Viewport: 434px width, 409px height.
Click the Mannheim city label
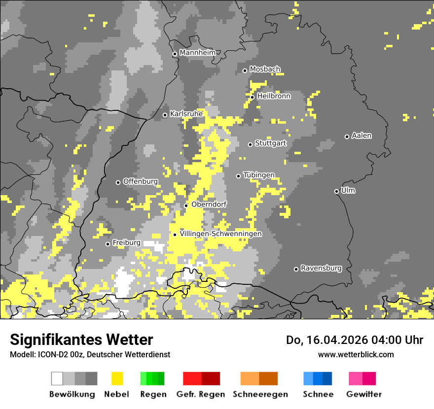(197, 53)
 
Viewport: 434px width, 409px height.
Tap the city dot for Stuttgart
(251, 144)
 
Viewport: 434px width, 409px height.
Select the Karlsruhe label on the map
(186, 114)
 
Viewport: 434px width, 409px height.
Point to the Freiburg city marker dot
(108, 244)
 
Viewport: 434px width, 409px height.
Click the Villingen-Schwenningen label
(220, 234)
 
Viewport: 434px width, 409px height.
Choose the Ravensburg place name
(321, 268)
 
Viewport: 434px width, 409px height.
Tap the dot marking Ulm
(337, 191)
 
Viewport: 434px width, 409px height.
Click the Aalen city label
(362, 136)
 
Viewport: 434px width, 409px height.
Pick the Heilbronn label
(274, 96)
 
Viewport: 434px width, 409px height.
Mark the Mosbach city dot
(245, 70)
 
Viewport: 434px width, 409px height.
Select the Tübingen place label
(259, 175)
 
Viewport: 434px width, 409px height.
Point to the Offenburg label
(140, 181)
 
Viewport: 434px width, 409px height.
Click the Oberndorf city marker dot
(186, 205)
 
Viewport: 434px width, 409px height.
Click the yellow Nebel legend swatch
(117, 378)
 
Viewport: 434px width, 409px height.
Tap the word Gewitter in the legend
(364, 394)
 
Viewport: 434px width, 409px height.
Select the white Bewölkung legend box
(57, 378)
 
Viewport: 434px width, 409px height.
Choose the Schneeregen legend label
(260, 394)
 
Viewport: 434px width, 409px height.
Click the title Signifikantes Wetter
(81, 340)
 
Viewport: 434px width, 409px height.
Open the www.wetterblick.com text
(356, 354)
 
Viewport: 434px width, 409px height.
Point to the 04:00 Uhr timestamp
(392, 340)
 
